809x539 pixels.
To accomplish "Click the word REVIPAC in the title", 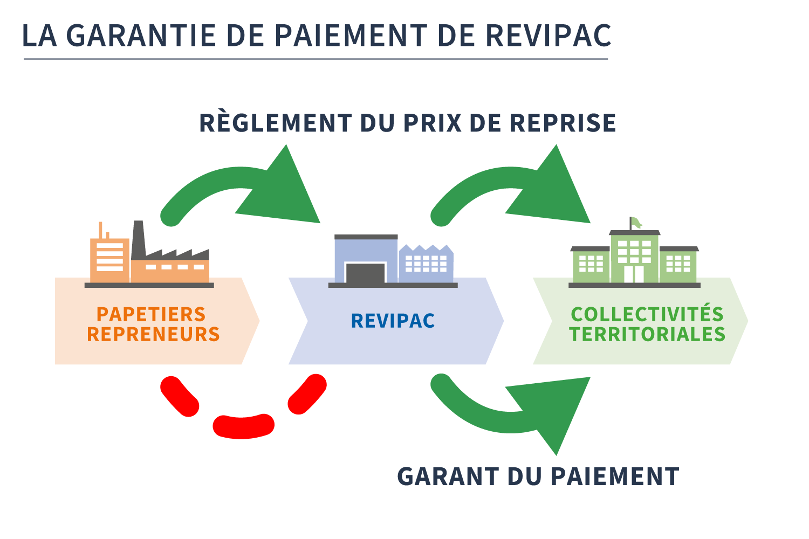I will [549, 36].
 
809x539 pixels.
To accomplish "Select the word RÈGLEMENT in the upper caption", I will [276, 123].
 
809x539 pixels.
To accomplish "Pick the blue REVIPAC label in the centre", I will [393, 321].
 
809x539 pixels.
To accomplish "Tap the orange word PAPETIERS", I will [151, 314].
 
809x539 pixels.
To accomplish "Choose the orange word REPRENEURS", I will [153, 334].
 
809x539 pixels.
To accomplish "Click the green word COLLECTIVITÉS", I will [647, 314].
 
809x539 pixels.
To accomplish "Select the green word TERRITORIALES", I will [647, 334].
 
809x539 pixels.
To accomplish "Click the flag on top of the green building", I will [636, 222].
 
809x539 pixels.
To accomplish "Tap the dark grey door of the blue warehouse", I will [365, 273].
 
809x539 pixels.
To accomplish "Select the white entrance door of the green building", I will [634, 274].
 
